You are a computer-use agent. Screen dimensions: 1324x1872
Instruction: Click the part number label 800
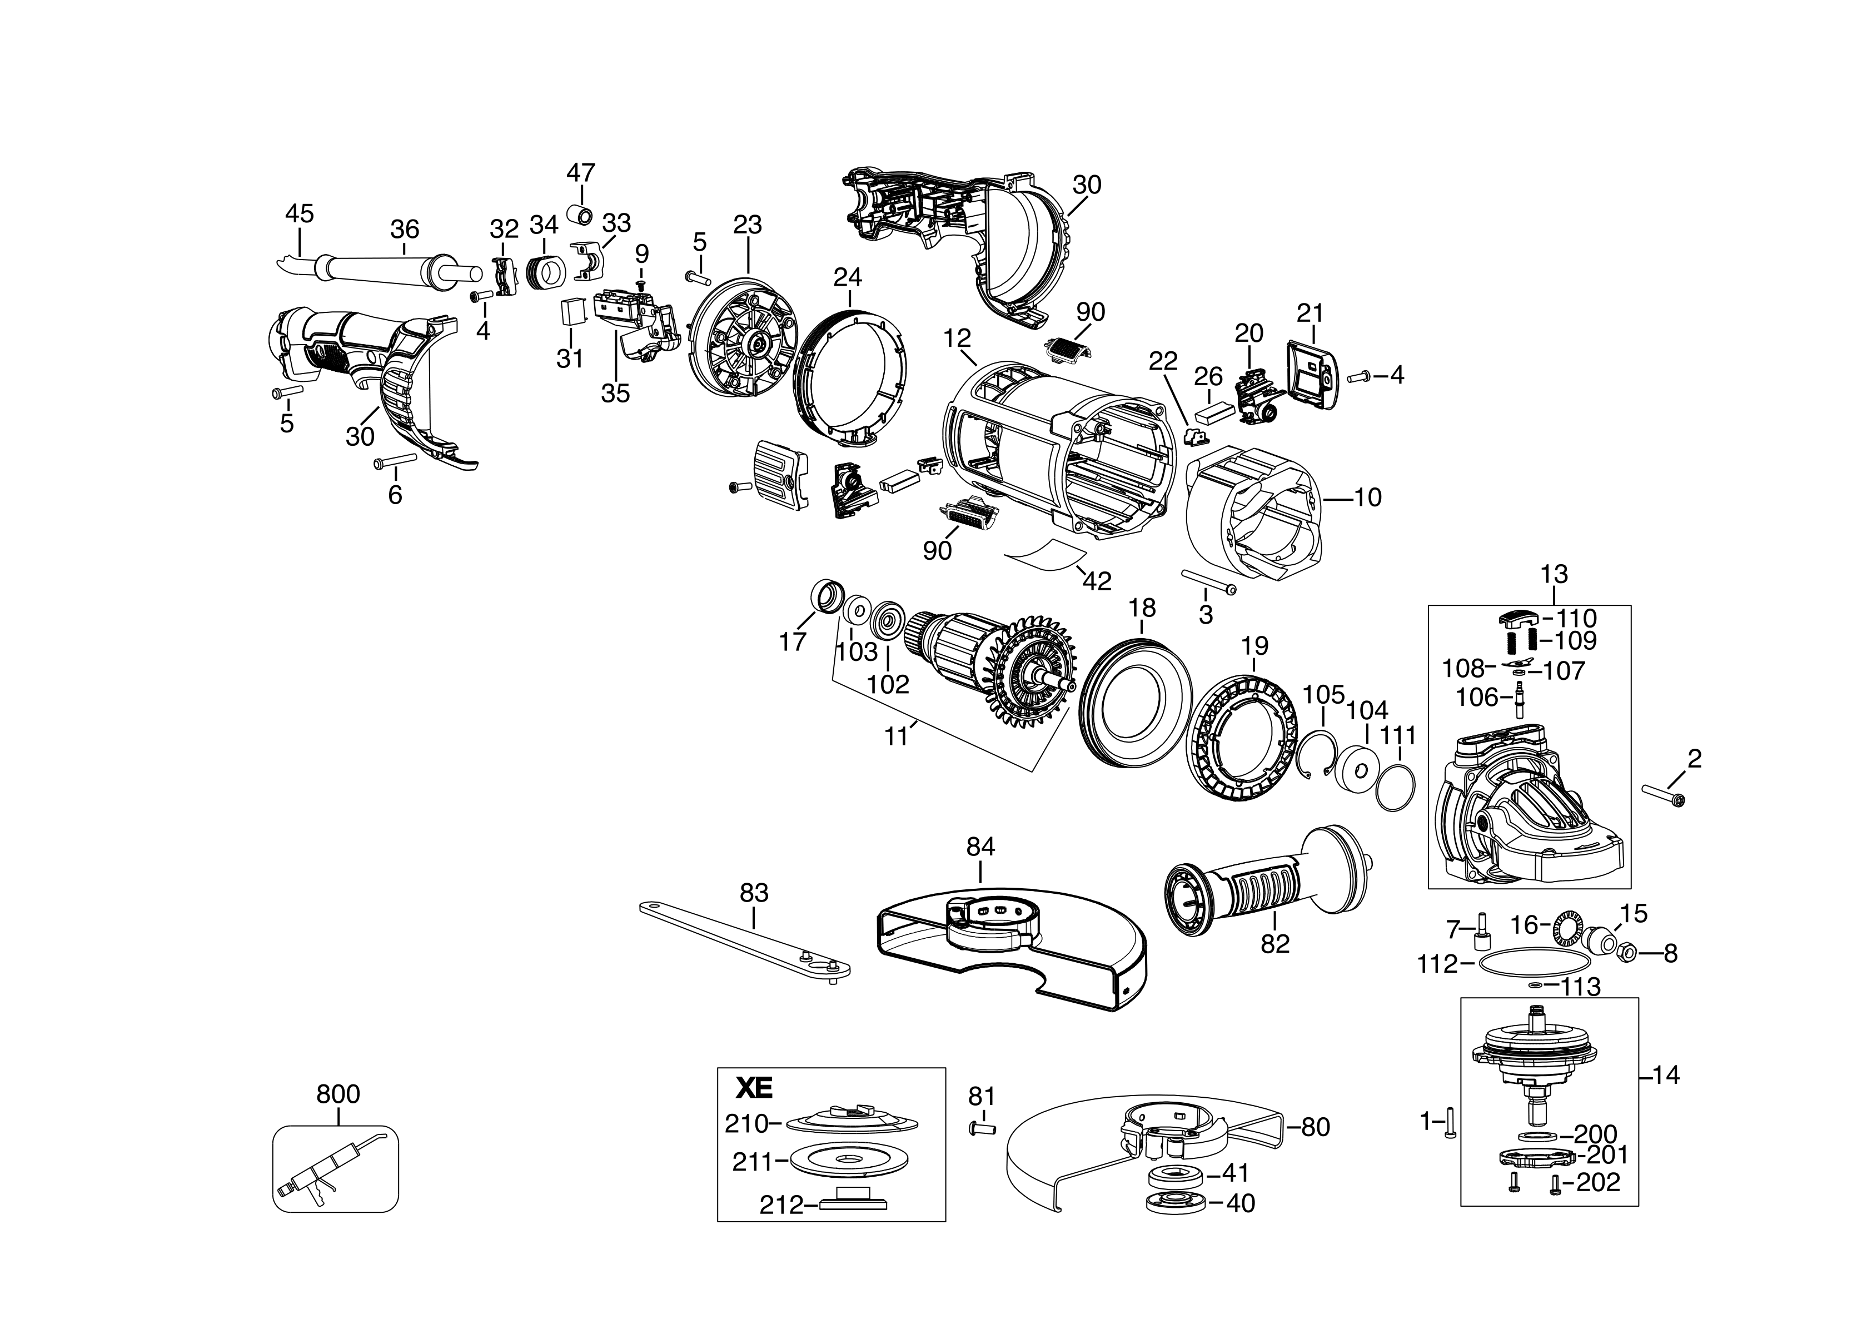(x=337, y=1094)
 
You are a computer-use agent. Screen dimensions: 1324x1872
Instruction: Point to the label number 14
(x=1666, y=1076)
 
